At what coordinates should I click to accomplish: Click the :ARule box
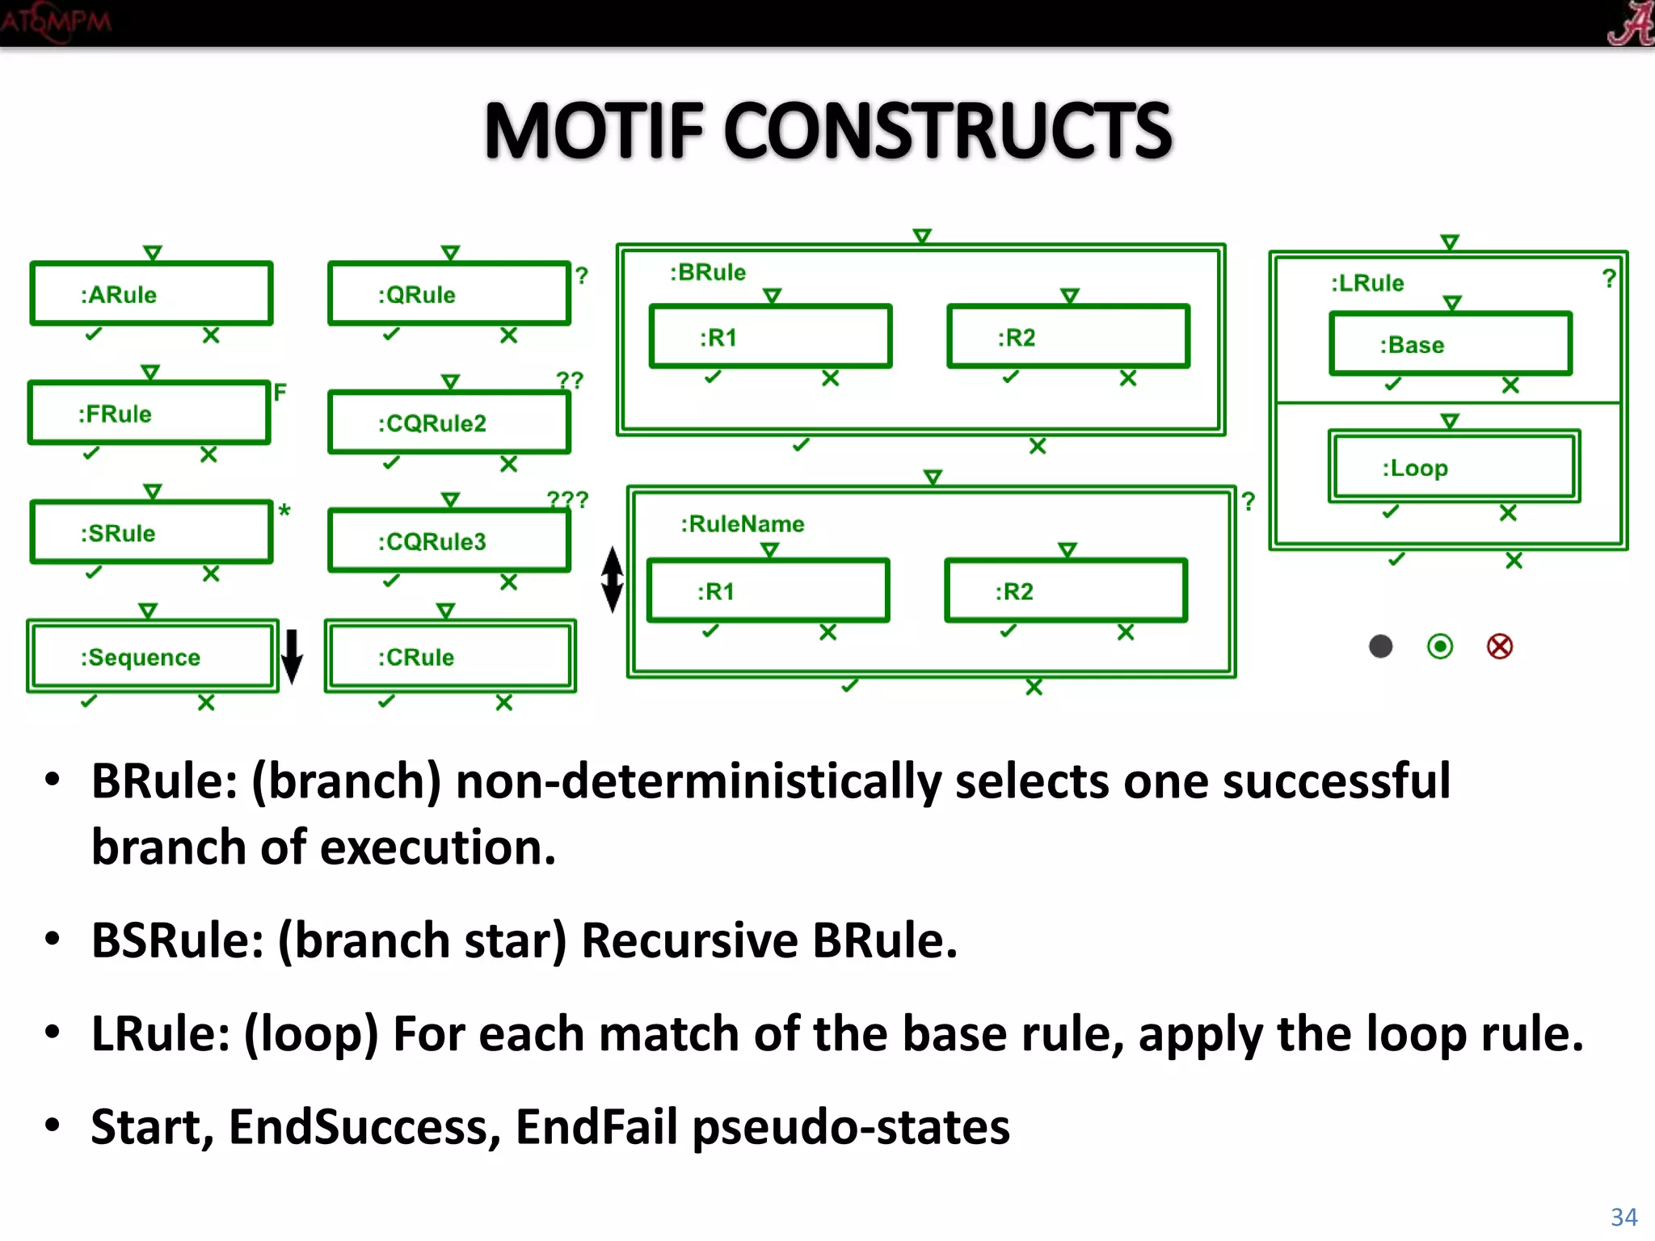(x=151, y=294)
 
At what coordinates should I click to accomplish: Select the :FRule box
(x=149, y=414)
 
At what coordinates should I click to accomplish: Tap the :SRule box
(x=151, y=532)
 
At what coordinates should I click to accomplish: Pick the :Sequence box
(x=152, y=657)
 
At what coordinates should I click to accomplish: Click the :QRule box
(x=448, y=294)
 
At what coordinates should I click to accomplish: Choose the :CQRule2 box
(x=448, y=423)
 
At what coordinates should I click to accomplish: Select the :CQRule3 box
(x=448, y=541)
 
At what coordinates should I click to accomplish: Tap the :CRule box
(x=450, y=657)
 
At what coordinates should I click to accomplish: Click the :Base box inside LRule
(x=1451, y=344)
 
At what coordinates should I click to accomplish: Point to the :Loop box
(x=1454, y=467)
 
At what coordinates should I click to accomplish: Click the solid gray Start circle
(x=1381, y=646)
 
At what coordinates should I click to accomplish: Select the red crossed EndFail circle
(x=1500, y=646)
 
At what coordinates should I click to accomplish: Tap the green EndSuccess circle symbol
(x=1440, y=646)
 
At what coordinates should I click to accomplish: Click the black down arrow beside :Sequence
(x=292, y=656)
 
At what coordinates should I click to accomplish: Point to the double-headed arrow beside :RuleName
(x=613, y=579)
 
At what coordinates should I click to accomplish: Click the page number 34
(x=1623, y=1217)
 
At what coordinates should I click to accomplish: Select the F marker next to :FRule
(x=280, y=393)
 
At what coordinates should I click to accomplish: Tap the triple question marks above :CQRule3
(x=567, y=499)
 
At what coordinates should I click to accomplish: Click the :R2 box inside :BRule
(x=1068, y=337)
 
